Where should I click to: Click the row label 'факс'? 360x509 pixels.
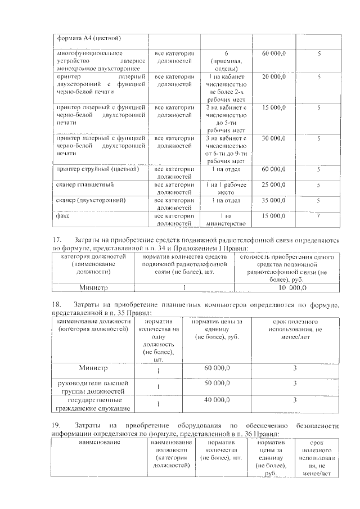62,215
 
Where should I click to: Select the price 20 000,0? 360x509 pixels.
274,76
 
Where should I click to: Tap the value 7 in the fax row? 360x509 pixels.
318,215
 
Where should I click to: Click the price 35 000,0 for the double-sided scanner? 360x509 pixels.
274,200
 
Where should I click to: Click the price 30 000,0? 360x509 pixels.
274,138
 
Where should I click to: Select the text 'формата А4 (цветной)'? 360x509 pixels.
90,38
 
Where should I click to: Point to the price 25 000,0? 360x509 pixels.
274,184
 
